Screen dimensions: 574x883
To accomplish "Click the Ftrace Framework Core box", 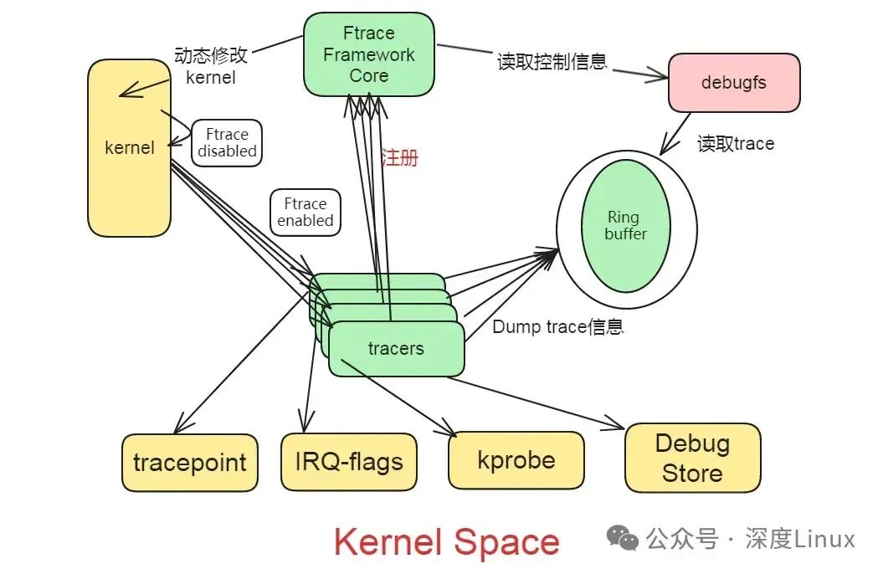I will (x=368, y=55).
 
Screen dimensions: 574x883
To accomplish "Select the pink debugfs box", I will (x=733, y=83).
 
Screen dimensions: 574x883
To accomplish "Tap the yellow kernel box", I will (x=129, y=148).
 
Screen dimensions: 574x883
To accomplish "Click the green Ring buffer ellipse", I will (x=625, y=226).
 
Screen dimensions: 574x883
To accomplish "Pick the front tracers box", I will (x=396, y=348).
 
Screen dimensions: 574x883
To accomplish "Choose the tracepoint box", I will (x=190, y=462).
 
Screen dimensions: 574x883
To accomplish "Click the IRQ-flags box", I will (x=348, y=461).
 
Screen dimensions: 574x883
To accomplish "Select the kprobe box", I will (x=516, y=459).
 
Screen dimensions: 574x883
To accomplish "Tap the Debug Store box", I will (x=692, y=458).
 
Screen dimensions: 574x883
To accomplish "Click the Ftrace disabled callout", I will (x=227, y=143).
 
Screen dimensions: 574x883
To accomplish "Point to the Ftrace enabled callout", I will (x=305, y=213).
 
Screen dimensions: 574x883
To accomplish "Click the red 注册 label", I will (x=399, y=157).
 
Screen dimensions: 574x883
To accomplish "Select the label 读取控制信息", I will (x=552, y=62).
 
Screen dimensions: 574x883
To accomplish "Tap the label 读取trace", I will (x=736, y=144).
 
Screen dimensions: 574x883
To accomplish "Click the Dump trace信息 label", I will (x=557, y=327).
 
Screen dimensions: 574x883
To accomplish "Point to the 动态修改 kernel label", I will (x=211, y=66).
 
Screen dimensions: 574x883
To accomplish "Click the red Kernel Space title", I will (x=446, y=541).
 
